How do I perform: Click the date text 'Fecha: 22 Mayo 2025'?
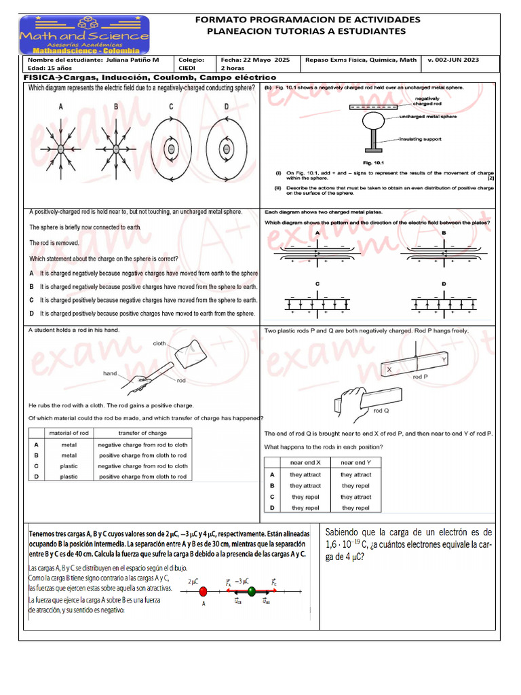pyautogui.click(x=255, y=60)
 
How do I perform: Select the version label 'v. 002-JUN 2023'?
pyautogui.click(x=453, y=60)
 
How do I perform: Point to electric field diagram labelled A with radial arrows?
pyautogui.click(x=60, y=148)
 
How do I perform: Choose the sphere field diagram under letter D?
pyautogui.click(x=227, y=148)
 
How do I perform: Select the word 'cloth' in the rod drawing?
pyautogui.click(x=159, y=343)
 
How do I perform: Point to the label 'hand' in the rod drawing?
pyautogui.click(x=111, y=373)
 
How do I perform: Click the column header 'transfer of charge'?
pyautogui.click(x=142, y=433)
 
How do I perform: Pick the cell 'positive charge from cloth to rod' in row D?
pyautogui.click(x=142, y=476)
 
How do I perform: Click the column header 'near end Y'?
pyautogui.click(x=355, y=462)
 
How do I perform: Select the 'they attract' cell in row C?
pyautogui.click(x=355, y=497)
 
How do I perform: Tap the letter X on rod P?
pyautogui.click(x=389, y=369)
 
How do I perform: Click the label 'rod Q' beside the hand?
pyautogui.click(x=381, y=411)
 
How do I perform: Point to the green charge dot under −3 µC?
pyautogui.click(x=252, y=592)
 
